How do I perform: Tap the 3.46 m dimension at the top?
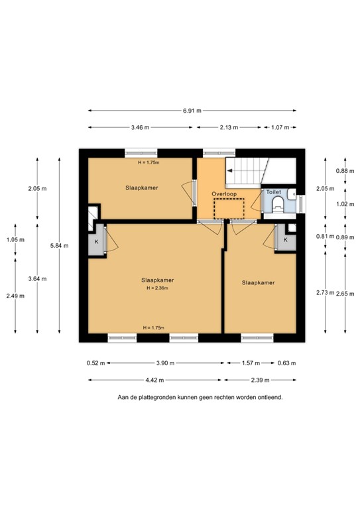142,126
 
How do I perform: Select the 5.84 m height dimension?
63,245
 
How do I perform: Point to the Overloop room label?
223,194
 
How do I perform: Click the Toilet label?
274,192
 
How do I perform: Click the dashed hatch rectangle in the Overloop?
229,206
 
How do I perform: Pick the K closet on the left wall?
97,242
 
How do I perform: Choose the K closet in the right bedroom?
286,239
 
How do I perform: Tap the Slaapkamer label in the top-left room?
141,188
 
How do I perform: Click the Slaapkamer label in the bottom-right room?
258,283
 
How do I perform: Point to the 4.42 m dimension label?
156,380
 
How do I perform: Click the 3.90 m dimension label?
165,363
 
